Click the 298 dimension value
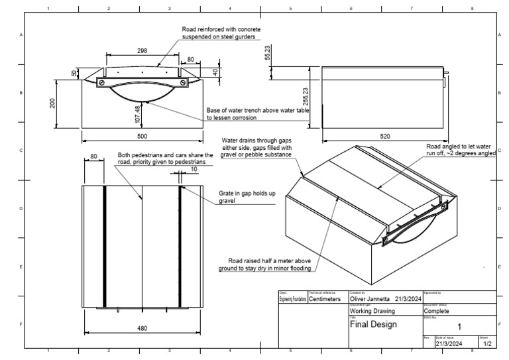click(141, 50)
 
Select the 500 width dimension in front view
click(142, 136)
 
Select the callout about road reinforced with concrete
click(221, 34)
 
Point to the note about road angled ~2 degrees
click(461, 149)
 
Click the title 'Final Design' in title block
click(372, 325)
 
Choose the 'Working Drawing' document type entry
click(372, 310)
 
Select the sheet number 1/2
click(487, 343)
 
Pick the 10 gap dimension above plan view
click(193, 170)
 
